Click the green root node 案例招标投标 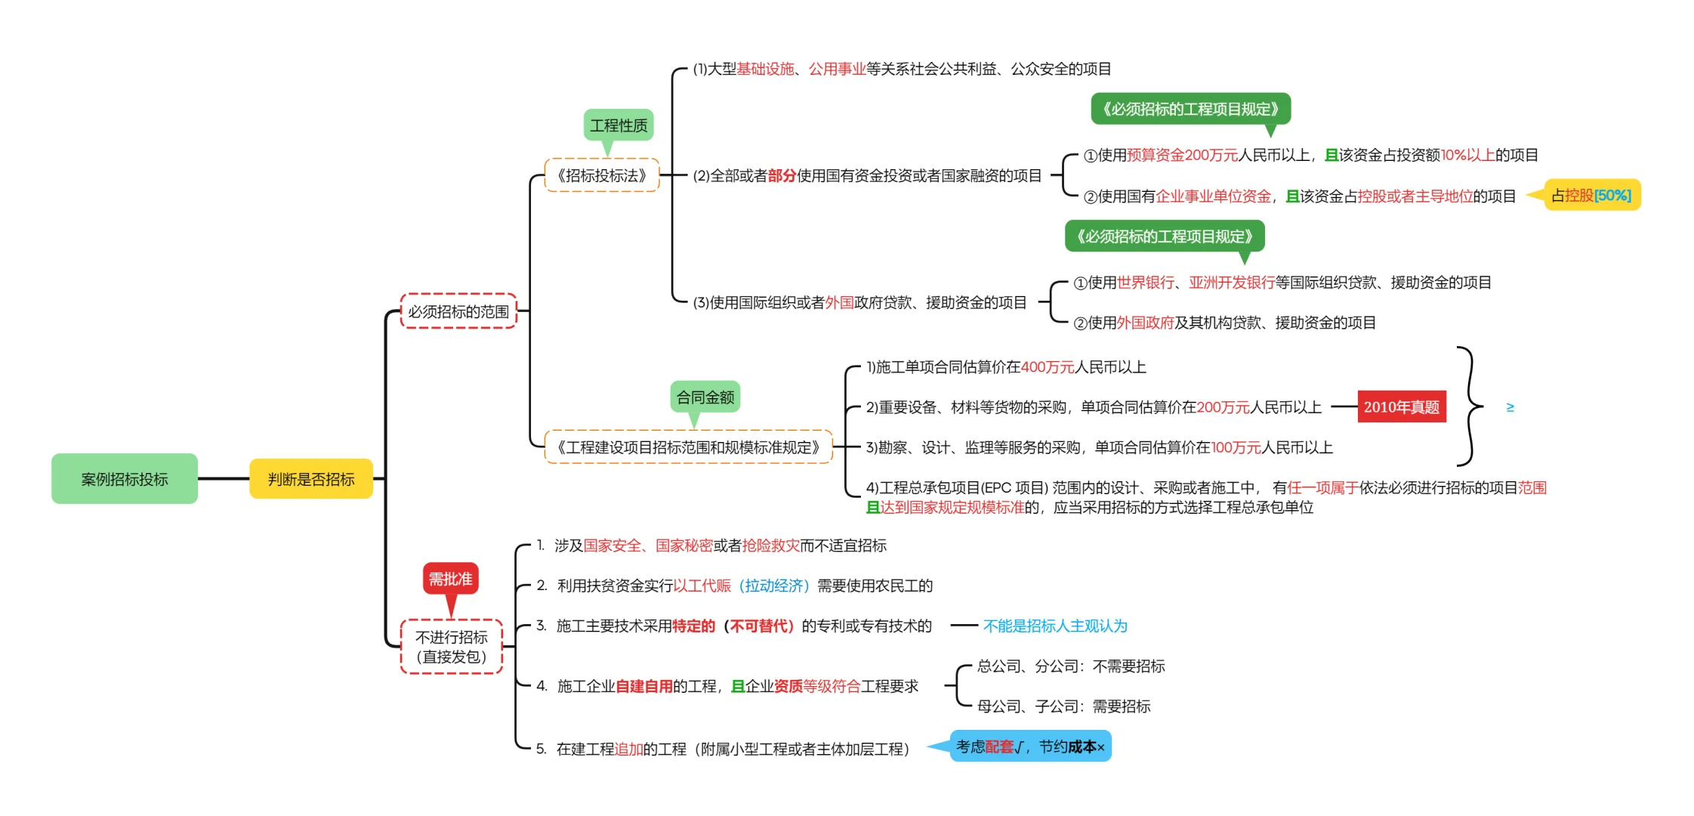click(125, 479)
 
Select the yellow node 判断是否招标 click(311, 479)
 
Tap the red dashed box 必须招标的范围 click(458, 311)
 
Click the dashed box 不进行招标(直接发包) click(452, 647)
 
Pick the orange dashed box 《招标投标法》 click(602, 175)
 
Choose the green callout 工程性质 click(619, 125)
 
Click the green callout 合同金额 click(705, 397)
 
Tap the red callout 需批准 click(450, 579)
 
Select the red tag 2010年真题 click(1402, 407)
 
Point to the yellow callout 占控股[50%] click(1591, 196)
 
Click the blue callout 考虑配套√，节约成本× click(1030, 746)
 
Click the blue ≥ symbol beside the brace click(1510, 407)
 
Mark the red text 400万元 click(1048, 367)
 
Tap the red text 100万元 click(1236, 447)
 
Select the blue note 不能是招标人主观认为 click(1055, 626)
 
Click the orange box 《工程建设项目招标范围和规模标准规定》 click(688, 447)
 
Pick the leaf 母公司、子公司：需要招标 click(1063, 706)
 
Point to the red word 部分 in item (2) click(782, 176)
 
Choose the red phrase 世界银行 click(1146, 283)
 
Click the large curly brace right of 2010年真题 click(1469, 407)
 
